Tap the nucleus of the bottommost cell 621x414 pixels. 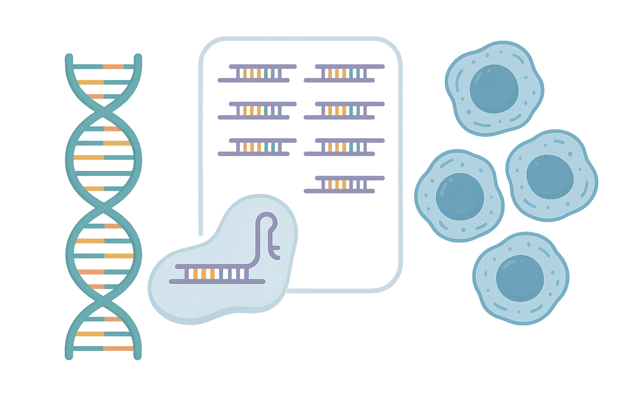tap(520, 278)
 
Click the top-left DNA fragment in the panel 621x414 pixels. tap(257, 73)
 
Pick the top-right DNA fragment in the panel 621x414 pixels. tap(344, 73)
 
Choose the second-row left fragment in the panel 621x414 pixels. tap(257, 110)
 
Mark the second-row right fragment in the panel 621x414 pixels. tap(344, 110)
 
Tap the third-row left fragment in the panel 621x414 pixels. tap(257, 147)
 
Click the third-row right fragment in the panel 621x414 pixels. tap(344, 147)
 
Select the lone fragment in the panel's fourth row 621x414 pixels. tap(344, 184)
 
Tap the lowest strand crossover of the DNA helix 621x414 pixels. tap(104, 300)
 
